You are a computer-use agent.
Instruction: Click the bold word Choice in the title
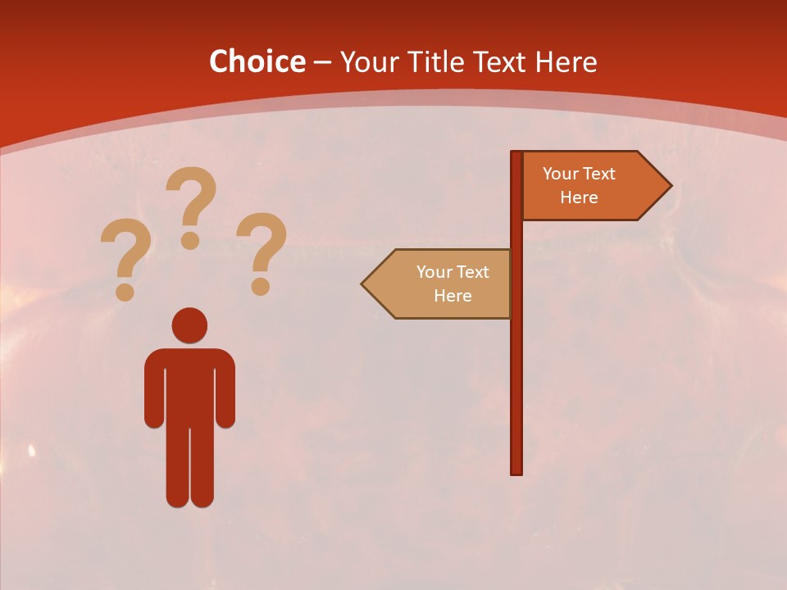click(257, 61)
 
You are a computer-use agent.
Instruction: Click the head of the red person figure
click(189, 325)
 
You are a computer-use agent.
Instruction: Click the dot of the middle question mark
click(190, 240)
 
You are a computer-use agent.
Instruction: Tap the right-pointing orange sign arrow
click(590, 186)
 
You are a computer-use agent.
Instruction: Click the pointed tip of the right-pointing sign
click(669, 186)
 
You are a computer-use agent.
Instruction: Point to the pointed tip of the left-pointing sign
click(364, 284)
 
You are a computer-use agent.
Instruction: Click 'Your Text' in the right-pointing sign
click(579, 174)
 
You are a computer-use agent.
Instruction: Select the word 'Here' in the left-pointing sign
click(453, 296)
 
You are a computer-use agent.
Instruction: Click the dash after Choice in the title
click(322, 62)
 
